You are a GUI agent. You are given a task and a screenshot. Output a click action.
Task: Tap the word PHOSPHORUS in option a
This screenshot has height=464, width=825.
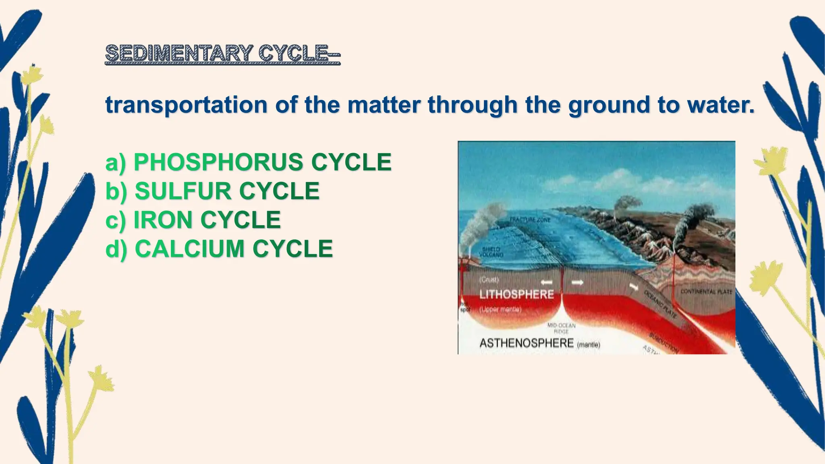[218, 162]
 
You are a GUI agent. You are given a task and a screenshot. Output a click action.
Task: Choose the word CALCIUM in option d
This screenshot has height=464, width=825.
[189, 249]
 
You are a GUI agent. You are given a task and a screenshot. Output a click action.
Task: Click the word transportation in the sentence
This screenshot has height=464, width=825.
[186, 105]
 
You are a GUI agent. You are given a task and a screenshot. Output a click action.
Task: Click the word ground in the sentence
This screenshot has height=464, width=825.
[610, 106]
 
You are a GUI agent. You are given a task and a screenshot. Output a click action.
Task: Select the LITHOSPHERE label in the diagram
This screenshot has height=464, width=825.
[516, 294]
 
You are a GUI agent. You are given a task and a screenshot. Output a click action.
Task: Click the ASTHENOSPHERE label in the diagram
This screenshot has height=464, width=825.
[526, 343]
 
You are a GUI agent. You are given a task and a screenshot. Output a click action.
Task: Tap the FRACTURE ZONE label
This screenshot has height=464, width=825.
[530, 220]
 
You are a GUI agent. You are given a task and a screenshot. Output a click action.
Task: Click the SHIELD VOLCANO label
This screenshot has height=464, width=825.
[491, 253]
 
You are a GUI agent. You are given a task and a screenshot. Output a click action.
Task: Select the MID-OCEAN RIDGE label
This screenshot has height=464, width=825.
[561, 328]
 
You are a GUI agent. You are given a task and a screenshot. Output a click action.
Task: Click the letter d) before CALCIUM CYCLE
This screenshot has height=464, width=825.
[116, 249]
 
